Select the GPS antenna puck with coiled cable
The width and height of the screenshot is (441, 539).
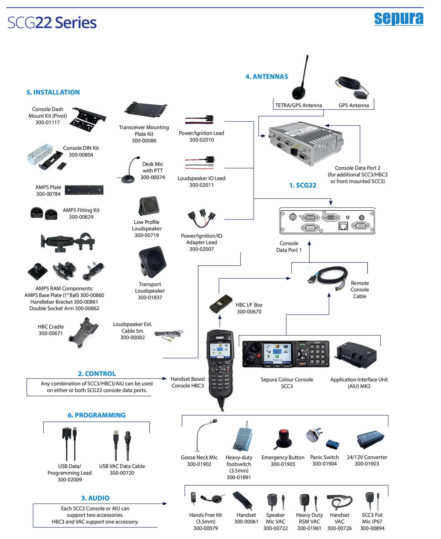tap(353, 87)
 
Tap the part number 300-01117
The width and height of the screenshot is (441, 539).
tap(48, 123)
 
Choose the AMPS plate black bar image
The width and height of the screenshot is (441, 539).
tap(84, 190)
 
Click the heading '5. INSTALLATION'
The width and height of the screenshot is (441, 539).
tap(53, 92)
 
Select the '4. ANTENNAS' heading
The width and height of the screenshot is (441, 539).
tap(267, 77)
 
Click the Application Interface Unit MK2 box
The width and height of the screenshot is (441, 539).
tap(356, 355)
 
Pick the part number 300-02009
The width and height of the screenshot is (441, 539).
tap(70, 480)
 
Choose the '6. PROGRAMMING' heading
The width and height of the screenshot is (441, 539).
tap(96, 415)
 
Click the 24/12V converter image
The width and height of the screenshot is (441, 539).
tap(370, 440)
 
